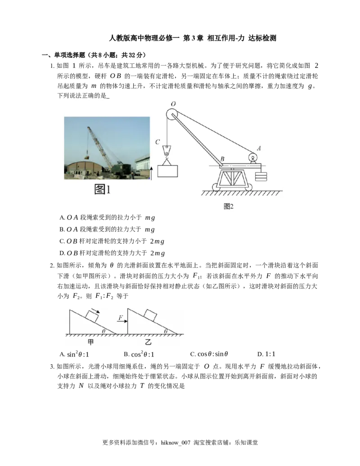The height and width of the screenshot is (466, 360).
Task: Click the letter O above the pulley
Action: click(x=174, y=103)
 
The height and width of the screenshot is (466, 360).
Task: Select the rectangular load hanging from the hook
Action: click(x=167, y=171)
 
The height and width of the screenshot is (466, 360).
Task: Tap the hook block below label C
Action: click(x=167, y=151)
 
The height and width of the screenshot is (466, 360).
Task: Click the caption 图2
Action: click(x=229, y=207)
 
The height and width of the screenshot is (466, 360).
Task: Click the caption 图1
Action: click(x=103, y=190)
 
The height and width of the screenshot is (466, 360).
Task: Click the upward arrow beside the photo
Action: click(x=152, y=173)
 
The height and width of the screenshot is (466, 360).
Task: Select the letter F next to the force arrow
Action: click(x=120, y=318)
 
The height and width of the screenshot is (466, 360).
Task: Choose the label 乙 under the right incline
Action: click(x=148, y=342)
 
